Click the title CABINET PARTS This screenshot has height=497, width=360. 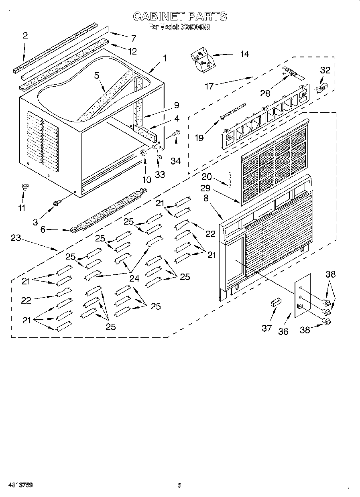[x=179, y=16]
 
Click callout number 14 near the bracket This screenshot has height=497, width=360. [x=244, y=54]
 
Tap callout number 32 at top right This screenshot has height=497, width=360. [x=325, y=71]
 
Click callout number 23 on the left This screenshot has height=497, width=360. [x=15, y=238]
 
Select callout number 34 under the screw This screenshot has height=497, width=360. [x=175, y=161]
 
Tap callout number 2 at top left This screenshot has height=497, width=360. [x=25, y=35]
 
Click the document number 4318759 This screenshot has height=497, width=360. [x=19, y=485]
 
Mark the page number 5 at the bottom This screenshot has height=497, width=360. [x=179, y=485]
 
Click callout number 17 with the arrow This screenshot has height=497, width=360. [x=209, y=86]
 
